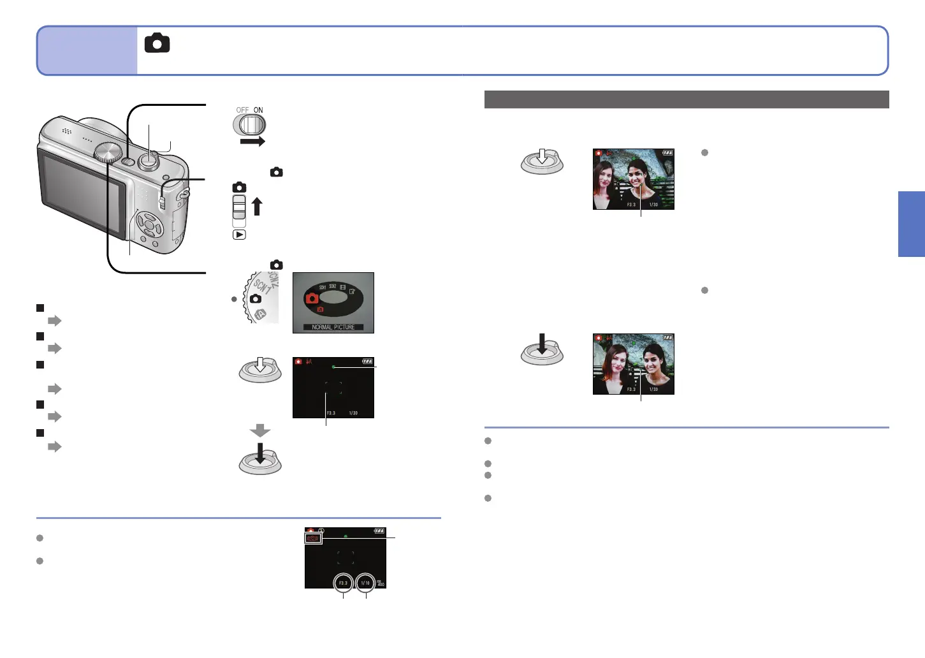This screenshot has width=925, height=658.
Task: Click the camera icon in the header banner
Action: click(x=157, y=43)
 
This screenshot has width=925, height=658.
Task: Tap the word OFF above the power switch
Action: click(x=242, y=110)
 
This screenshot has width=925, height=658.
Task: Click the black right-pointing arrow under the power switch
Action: click(x=252, y=142)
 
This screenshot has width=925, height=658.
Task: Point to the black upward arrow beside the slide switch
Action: click(x=257, y=207)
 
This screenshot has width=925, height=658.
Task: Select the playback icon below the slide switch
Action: click(x=239, y=235)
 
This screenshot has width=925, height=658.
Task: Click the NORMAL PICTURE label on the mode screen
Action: click(x=333, y=327)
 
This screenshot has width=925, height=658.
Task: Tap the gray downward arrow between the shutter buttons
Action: click(x=260, y=431)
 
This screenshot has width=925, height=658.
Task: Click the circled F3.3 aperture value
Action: click(x=343, y=583)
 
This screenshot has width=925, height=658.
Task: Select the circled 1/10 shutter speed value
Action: click(x=365, y=583)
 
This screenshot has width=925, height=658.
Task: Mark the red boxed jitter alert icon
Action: click(x=312, y=538)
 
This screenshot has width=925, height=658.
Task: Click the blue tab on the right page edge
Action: click(x=912, y=224)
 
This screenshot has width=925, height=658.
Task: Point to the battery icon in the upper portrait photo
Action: click(x=667, y=153)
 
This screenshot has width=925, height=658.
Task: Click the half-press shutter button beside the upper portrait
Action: click(x=542, y=161)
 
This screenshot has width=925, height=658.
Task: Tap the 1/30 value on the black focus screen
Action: click(x=353, y=413)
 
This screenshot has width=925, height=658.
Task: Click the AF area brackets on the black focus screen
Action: click(x=333, y=388)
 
